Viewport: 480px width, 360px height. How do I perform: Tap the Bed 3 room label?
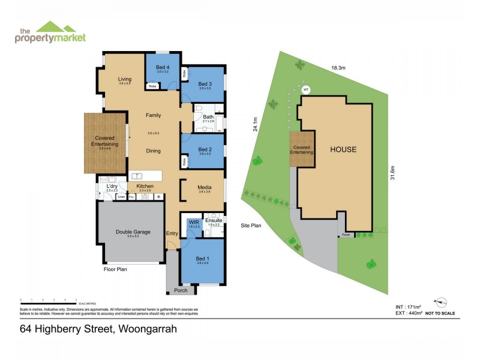coord(205,83)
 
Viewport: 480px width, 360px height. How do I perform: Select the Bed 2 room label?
coord(205,149)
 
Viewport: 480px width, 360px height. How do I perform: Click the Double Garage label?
coord(133,232)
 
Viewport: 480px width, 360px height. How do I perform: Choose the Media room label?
coord(205,187)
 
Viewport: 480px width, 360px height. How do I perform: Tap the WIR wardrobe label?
coord(193,223)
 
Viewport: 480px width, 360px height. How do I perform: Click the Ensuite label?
coord(214,220)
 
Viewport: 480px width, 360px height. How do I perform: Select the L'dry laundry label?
coord(112,187)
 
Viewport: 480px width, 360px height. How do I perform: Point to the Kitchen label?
coord(145,187)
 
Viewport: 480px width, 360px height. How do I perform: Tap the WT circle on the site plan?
coord(305,89)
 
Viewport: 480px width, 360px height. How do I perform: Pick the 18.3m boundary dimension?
coord(337,68)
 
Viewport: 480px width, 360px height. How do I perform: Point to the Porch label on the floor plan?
coord(181,290)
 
